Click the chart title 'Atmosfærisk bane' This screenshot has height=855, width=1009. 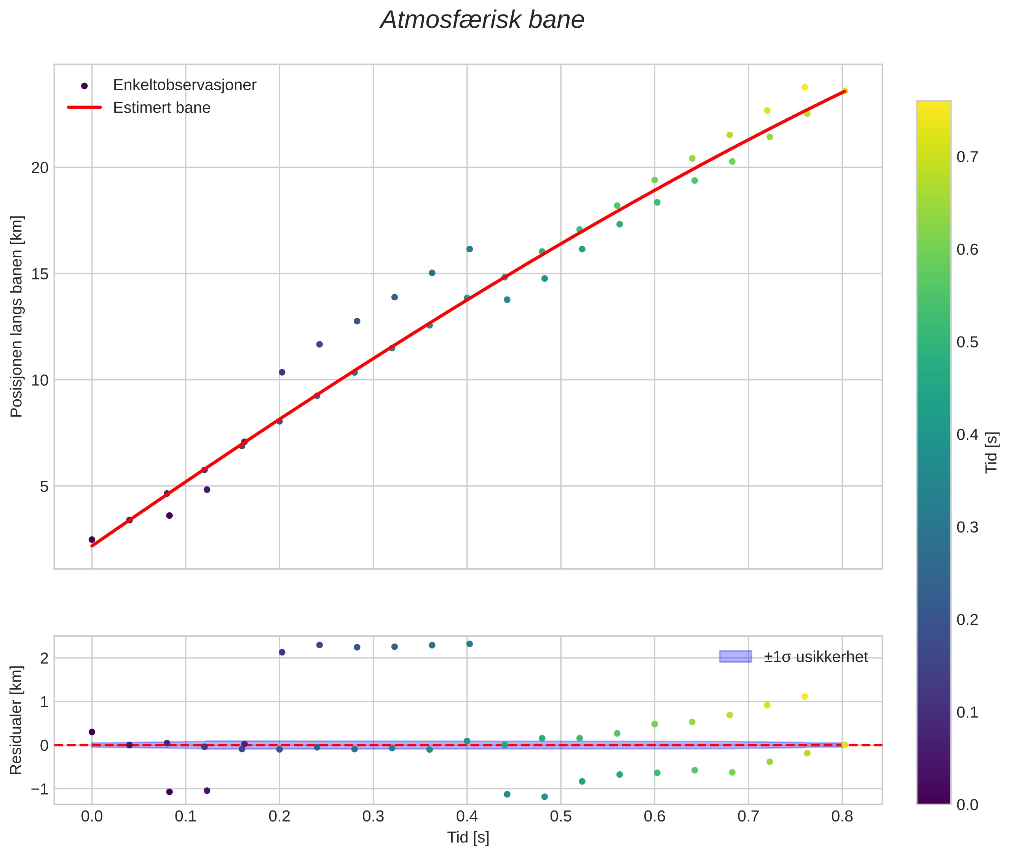[482, 20]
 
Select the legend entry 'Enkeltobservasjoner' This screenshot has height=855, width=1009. [184, 85]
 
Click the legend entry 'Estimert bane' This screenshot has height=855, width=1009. [161, 108]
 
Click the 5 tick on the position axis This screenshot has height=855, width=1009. [44, 486]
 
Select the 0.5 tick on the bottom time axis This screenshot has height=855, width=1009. [560, 816]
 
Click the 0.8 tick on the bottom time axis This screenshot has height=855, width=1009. [842, 816]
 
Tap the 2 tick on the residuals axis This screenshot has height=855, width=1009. [44, 658]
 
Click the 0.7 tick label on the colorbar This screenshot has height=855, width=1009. [967, 157]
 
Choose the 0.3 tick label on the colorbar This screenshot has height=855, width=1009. [967, 527]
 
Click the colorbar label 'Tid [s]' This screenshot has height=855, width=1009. [991, 452]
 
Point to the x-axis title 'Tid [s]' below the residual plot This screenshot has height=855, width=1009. [468, 837]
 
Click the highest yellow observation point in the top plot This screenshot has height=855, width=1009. [805, 87]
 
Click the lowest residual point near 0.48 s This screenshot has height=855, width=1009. [544, 796]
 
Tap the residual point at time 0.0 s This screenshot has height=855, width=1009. [92, 732]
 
